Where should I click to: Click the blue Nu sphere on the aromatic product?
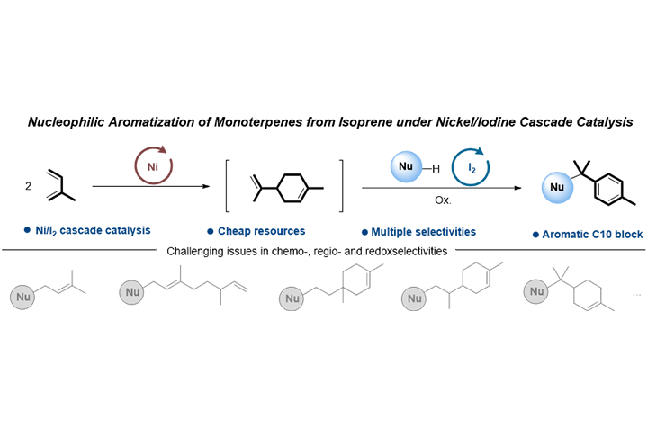point(554,191)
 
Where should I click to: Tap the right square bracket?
point(340,186)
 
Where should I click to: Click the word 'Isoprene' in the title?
point(389,130)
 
